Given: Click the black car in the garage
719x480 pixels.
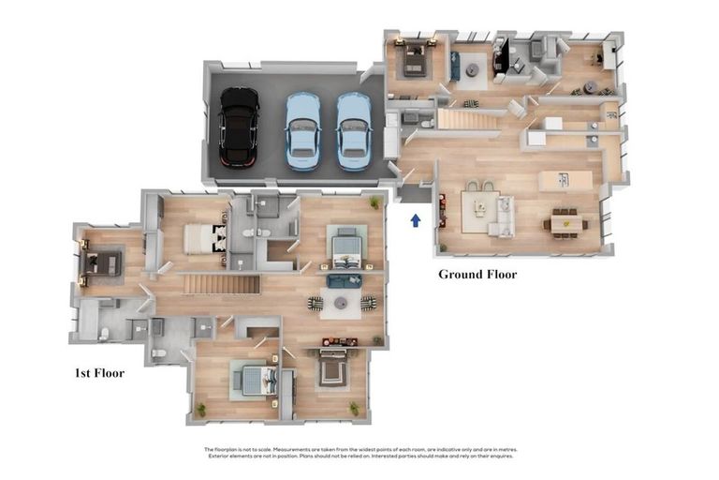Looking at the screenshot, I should tap(239, 127).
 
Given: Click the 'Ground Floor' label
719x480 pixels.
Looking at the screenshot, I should tap(477, 275).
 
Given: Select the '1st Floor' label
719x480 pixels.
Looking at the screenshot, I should tap(99, 372).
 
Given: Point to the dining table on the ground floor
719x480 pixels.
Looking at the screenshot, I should tap(565, 224).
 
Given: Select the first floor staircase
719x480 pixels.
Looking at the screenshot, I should tap(220, 283).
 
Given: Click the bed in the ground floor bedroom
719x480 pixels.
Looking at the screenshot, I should tap(412, 61).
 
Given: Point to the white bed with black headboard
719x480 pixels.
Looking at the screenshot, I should tap(206, 238).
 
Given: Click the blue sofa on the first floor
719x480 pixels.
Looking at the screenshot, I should tap(344, 279).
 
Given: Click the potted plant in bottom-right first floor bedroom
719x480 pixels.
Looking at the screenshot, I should tap(355, 408).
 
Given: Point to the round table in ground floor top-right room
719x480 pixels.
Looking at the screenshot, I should tap(591, 88).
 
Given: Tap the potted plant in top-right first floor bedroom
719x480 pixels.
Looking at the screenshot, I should tap(374, 202).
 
